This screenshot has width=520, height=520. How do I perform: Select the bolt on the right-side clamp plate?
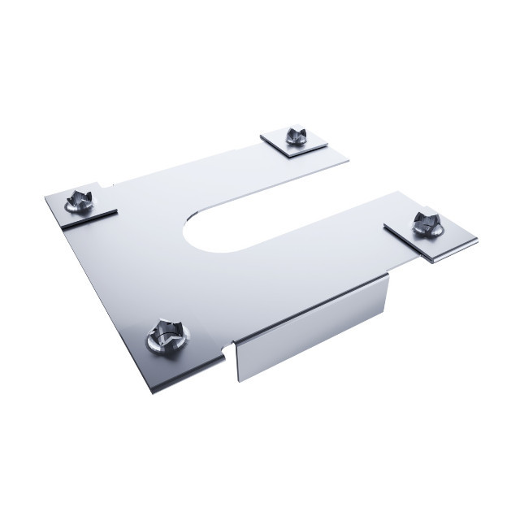pos(425,221)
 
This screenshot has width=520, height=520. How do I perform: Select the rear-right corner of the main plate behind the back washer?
pos(348,159)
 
